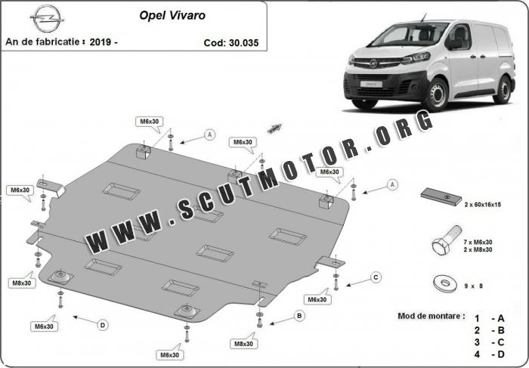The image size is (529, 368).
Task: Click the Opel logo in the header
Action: tap(47, 19)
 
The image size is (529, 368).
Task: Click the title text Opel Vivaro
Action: tap(172, 16)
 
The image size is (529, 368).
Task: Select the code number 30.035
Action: tap(243, 43)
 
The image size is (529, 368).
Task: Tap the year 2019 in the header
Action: tap(101, 42)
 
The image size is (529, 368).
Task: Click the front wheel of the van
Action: tap(436, 95)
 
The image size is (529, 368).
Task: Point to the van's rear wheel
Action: tap(503, 89)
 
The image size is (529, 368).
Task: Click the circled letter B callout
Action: tap(299, 316)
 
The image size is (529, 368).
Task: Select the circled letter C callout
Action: tap(376, 277)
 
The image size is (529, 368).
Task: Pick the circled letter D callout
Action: tap(103, 325)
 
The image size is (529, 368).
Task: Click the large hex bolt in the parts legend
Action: tap(447, 240)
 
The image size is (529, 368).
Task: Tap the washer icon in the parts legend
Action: tap(445, 283)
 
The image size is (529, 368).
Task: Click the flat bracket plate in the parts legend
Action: tap(441, 196)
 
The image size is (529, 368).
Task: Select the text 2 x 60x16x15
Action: tap(482, 205)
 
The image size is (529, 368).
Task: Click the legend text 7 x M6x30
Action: tap(478, 242)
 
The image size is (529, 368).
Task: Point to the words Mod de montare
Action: tap(431, 316)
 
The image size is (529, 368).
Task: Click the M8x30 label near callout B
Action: tap(243, 344)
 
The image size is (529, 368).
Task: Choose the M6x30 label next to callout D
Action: tap(44, 326)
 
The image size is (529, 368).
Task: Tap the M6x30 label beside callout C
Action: tap(317, 299)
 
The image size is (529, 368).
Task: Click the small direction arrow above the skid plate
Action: tap(274, 128)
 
